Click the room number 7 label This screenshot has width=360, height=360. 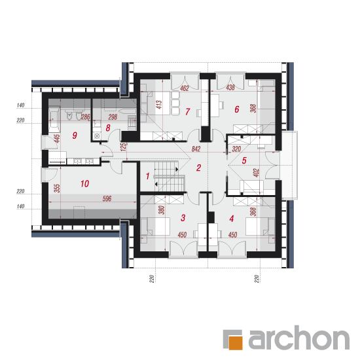188,111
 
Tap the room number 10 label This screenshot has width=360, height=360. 84,184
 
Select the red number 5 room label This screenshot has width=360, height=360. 244,160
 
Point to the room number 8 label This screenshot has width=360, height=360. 108,128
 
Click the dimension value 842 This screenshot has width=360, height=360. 196,149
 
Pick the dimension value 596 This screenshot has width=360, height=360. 107,198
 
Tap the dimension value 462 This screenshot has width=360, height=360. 185,88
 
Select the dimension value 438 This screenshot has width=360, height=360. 230,87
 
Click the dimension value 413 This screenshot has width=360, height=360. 159,105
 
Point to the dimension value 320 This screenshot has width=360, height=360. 236,149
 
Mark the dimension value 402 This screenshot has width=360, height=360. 256,173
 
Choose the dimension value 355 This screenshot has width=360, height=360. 57,188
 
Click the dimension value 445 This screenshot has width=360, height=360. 56,139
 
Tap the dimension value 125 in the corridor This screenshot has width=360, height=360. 123,147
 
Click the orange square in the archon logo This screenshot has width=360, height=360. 236,342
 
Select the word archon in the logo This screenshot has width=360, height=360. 299,338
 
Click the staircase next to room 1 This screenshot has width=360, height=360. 170,176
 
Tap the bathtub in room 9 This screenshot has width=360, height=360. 54,119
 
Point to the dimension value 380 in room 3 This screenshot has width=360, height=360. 162,210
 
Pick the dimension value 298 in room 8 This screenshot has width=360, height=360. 113,117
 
